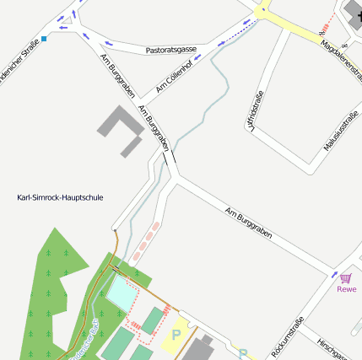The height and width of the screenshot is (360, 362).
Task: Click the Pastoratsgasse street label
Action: [x=170, y=50]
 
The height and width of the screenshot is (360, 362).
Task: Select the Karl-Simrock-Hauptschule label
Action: [x=60, y=197]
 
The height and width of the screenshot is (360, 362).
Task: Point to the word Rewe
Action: [x=347, y=289]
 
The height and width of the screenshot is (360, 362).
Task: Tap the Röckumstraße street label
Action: [x=288, y=337]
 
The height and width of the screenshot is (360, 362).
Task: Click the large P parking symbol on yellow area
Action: [x=176, y=335]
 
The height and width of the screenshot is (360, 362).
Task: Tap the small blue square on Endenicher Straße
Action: [x=45, y=39]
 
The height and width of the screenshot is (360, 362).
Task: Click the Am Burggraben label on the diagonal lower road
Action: [x=248, y=223]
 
